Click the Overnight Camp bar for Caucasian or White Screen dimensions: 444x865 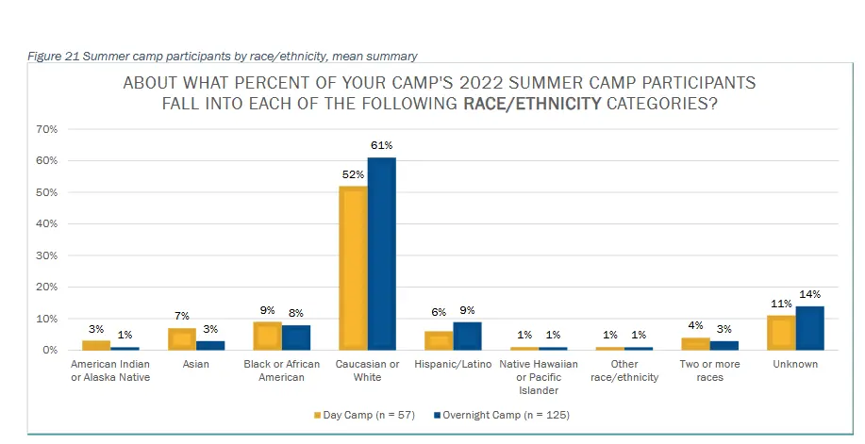tap(382, 254)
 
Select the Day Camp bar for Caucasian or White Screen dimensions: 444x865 tap(354, 268)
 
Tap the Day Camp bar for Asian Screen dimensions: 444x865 tap(182, 338)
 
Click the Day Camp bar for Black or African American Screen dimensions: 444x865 tap(268, 336)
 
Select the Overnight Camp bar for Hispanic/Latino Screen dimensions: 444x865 tap(467, 336)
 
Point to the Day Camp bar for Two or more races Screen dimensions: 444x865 tap(695, 343)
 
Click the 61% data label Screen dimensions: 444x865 tap(382, 145)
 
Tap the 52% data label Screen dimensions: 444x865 tap(353, 174)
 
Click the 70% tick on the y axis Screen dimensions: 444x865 tap(46, 129)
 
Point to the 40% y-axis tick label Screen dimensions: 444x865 tap(46, 223)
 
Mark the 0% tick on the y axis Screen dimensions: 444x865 tap(49, 350)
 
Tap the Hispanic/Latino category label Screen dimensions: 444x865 tap(453, 364)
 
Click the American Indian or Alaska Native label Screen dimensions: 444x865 tap(111, 370)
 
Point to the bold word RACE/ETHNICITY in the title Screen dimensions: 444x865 tap(532, 104)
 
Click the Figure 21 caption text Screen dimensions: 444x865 tap(223, 57)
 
